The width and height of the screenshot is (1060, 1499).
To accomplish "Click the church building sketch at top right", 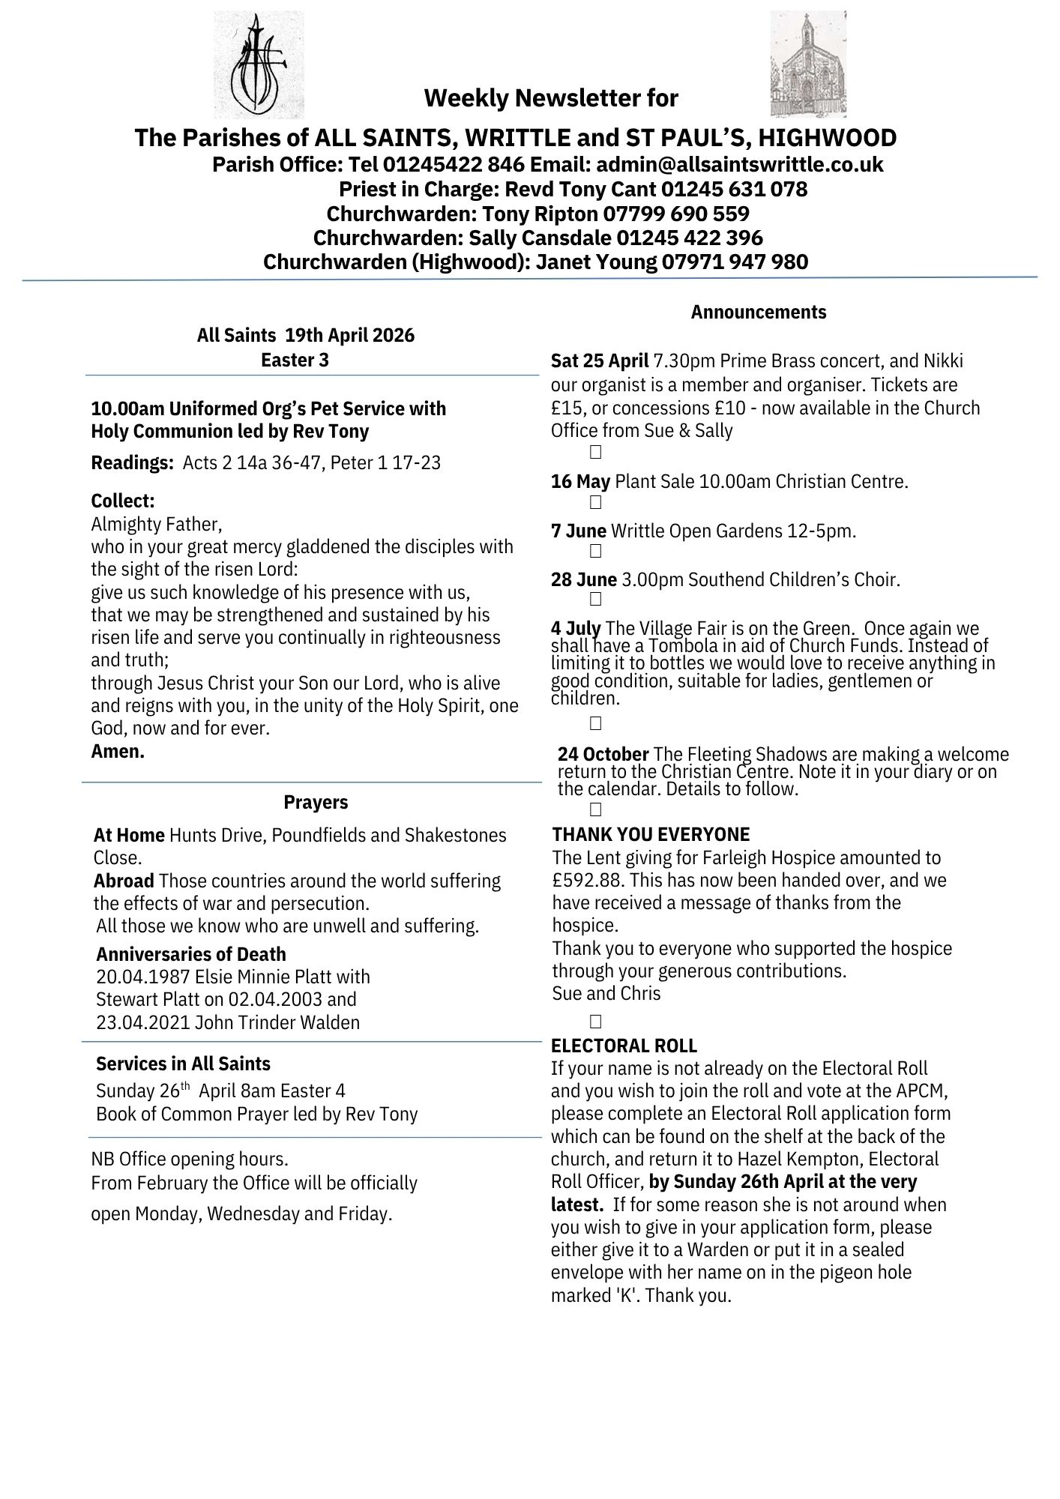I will [x=808, y=64].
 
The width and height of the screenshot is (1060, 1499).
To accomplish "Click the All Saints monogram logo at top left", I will [x=259, y=64].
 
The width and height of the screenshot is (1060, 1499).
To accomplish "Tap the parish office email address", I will [x=741, y=164].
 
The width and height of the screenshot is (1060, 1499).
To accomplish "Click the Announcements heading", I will [x=758, y=312].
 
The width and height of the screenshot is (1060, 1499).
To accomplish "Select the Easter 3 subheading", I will [x=295, y=360].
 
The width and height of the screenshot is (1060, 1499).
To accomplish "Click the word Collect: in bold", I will [x=123, y=501].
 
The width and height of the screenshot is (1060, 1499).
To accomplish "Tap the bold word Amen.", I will [x=118, y=751].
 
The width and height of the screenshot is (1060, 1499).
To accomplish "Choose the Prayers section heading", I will [x=316, y=802].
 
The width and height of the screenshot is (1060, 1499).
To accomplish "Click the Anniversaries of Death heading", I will [x=191, y=954].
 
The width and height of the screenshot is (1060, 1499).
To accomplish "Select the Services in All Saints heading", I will [x=183, y=1064].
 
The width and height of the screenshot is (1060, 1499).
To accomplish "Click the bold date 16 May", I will [x=580, y=481].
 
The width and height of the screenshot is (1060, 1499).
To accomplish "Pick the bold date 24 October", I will [x=603, y=754].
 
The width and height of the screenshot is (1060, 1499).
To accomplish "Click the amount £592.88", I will [x=584, y=880].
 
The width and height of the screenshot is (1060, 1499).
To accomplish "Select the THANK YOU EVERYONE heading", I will [x=651, y=834].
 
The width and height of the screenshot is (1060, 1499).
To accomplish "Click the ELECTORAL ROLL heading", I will [x=624, y=1046].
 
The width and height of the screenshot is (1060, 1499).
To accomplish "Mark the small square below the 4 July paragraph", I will [x=596, y=723].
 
